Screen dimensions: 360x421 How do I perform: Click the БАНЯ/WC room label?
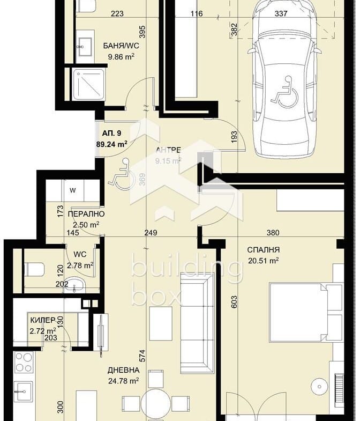point(121,46)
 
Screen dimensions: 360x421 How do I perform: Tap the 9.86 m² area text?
point(121,57)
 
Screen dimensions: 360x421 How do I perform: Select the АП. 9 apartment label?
point(111,133)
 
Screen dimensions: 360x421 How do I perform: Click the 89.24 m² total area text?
point(111,144)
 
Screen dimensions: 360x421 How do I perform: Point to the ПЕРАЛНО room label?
point(86,214)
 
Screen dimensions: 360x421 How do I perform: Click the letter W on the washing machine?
point(73,190)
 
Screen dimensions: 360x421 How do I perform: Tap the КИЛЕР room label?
point(43,320)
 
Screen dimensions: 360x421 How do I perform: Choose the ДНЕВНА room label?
point(123,370)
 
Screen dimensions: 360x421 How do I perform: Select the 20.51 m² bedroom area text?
point(263,261)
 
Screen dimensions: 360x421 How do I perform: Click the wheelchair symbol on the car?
point(284,92)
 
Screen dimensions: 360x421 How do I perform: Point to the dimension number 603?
point(234,302)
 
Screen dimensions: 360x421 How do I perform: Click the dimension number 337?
point(281,13)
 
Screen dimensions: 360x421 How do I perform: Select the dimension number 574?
point(142,356)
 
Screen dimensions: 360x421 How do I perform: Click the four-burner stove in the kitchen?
point(24,363)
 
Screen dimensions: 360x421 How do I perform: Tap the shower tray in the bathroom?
point(88,84)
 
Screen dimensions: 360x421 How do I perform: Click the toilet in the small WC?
point(34,269)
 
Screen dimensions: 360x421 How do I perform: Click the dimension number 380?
point(273,233)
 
